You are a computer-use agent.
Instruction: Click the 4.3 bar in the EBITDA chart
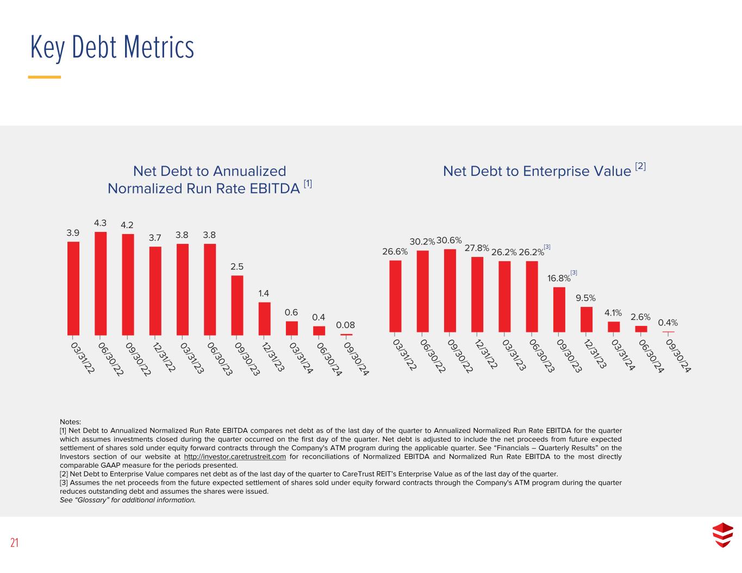tap(101, 283)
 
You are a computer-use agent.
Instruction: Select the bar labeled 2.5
tap(237, 305)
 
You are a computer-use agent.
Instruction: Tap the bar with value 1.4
tap(264, 318)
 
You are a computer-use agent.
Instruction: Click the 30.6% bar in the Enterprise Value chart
tap(450, 290)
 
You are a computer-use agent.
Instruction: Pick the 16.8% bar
tap(559, 309)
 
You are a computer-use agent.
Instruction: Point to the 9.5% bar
tap(587, 319)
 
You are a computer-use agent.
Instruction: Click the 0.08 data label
tap(345, 325)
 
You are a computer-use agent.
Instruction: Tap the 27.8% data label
tap(477, 248)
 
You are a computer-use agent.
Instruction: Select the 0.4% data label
tap(668, 323)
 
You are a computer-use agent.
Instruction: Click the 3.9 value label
tap(73, 233)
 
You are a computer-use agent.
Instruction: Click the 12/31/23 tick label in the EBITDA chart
tap(273, 356)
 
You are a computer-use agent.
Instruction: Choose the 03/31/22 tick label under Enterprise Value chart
tap(405, 355)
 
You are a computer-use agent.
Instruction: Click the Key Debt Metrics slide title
tap(112, 47)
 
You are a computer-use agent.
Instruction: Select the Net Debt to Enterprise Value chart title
tap(537, 171)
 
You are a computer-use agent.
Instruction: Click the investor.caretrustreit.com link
tap(235, 457)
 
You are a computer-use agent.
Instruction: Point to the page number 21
tap(14, 543)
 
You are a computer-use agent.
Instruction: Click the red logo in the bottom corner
tap(722, 534)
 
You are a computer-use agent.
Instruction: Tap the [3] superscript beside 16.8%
tap(573, 272)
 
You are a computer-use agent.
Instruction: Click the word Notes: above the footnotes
tap(70, 422)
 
